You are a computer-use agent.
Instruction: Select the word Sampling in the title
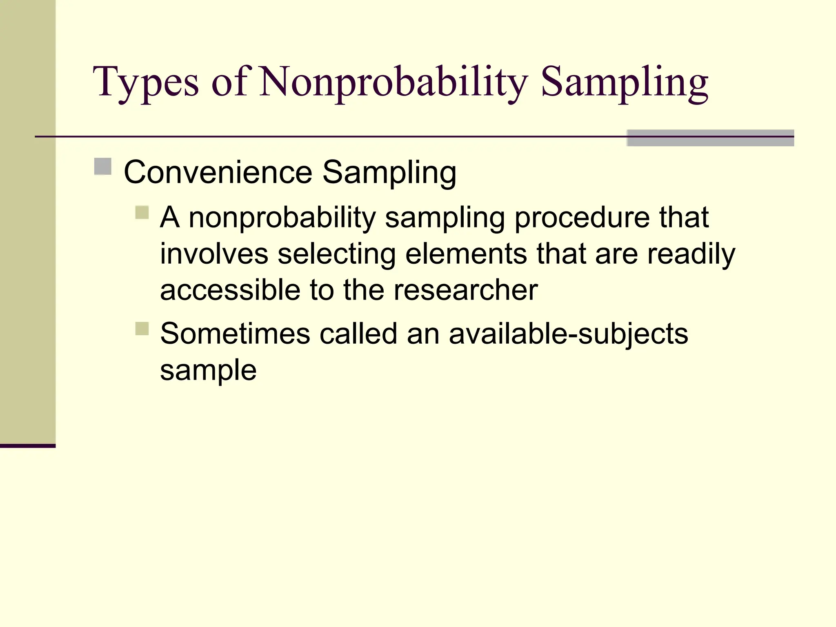(x=625, y=82)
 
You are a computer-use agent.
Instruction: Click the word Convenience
(x=218, y=173)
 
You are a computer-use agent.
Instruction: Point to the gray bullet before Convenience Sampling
(x=103, y=167)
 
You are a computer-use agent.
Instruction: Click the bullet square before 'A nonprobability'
(x=142, y=212)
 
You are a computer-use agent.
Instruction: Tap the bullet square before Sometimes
(x=142, y=329)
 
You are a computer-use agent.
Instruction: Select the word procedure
(x=582, y=218)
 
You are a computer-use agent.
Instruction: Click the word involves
(x=214, y=254)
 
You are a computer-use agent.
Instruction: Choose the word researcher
(x=465, y=290)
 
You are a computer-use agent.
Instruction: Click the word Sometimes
(x=235, y=334)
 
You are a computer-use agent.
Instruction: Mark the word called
(x=358, y=334)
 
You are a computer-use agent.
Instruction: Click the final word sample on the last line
(x=208, y=371)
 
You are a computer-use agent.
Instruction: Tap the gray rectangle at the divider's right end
(x=710, y=138)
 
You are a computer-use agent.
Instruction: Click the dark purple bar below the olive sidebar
(x=27, y=446)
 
